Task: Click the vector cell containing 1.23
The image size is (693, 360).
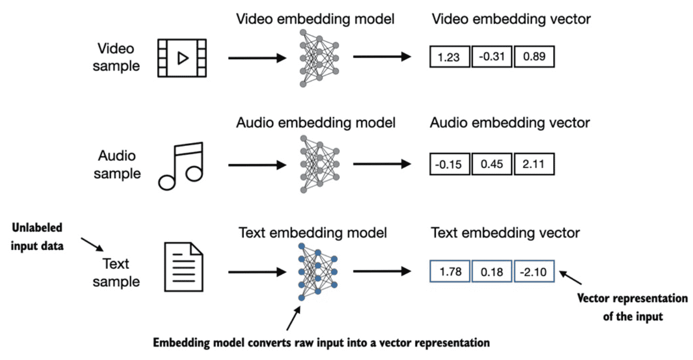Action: click(x=450, y=57)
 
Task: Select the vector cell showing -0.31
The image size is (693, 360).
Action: click(x=492, y=57)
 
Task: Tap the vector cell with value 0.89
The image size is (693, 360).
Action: click(x=534, y=57)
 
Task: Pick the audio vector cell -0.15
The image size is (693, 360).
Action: click(x=450, y=164)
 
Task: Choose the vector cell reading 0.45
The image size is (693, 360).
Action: click(x=492, y=164)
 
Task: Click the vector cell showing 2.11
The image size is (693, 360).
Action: click(x=534, y=164)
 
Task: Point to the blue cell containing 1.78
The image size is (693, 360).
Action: click(x=450, y=271)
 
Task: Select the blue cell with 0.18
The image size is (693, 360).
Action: click(x=492, y=271)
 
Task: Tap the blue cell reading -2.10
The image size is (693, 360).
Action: click(x=534, y=271)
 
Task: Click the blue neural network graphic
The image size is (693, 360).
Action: click(x=318, y=272)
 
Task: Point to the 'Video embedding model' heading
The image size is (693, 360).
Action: click(x=315, y=19)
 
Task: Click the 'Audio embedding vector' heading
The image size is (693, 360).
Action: click(x=510, y=123)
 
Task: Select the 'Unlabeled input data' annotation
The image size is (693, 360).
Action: click(x=37, y=237)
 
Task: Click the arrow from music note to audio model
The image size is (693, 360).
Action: click(x=257, y=165)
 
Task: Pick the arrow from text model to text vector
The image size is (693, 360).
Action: click(x=382, y=271)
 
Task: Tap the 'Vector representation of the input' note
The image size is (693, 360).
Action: click(x=633, y=307)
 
